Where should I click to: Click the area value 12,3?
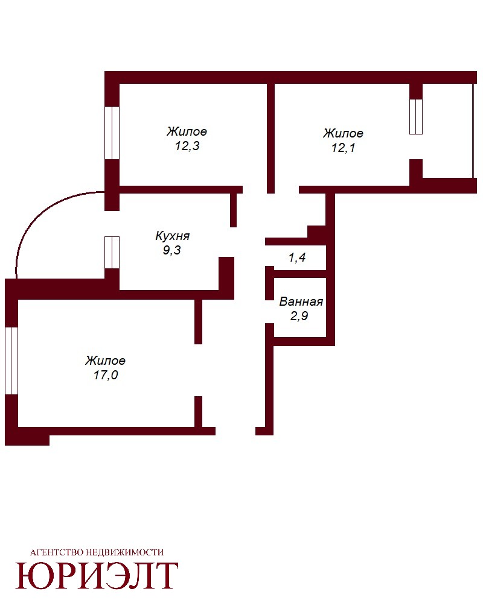[187, 146]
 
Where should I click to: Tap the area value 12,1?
[343, 148]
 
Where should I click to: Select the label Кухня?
[173, 235]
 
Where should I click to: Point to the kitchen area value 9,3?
[172, 250]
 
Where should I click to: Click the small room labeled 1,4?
[297, 257]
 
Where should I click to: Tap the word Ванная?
[301, 301]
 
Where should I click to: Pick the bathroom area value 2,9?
[299, 316]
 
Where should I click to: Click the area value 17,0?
[106, 375]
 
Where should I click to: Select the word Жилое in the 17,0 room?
[105, 361]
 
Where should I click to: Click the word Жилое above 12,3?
[187, 131]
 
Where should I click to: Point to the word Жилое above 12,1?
[343, 133]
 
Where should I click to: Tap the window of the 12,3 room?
[112, 133]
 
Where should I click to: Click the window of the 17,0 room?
[11, 361]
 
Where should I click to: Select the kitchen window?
[112, 252]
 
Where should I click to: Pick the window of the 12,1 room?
[415, 116]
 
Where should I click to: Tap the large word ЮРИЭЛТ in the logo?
[97, 575]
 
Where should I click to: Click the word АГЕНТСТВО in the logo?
[57, 552]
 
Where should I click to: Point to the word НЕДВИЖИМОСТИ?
[124, 552]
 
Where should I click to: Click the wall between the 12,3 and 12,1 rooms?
[270, 137]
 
